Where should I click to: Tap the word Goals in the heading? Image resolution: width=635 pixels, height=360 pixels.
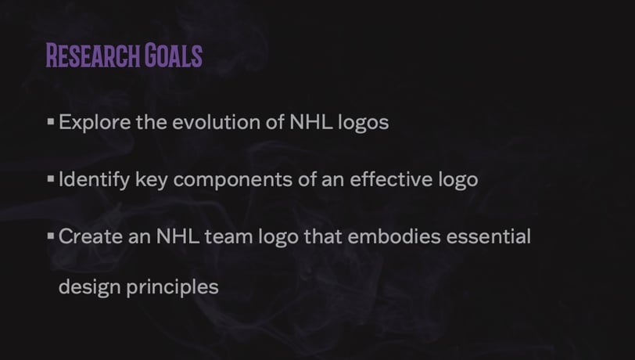[x=174, y=55]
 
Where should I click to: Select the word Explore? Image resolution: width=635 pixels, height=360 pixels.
[x=95, y=122]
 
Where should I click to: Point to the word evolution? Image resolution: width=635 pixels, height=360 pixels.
[x=217, y=122]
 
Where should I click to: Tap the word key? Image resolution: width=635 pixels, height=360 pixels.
[x=152, y=179]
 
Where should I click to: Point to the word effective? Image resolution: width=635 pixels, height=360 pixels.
[x=391, y=178]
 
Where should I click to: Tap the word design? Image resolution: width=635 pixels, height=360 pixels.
[x=89, y=287]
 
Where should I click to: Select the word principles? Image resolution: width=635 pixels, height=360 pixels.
[x=173, y=287]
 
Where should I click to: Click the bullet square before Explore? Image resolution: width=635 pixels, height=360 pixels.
[x=51, y=121]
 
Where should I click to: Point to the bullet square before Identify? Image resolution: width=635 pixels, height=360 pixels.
[x=51, y=178]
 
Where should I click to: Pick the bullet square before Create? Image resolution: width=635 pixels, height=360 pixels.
[x=51, y=236]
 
